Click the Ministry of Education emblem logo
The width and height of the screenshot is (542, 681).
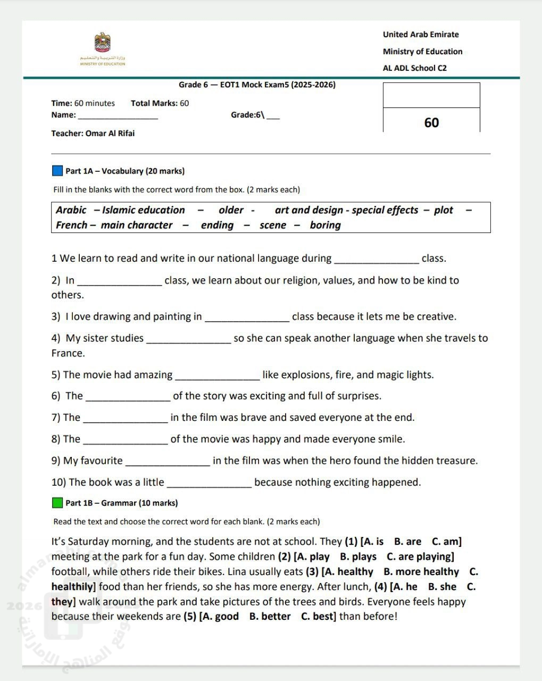(x=102, y=43)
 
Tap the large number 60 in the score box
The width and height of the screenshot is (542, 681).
(x=431, y=122)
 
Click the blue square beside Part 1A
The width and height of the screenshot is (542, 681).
(x=57, y=171)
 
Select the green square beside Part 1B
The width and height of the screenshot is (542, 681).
(x=57, y=503)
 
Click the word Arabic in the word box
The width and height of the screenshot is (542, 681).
(x=71, y=210)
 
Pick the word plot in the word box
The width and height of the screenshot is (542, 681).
(x=443, y=210)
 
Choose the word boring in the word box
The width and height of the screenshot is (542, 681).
(x=325, y=225)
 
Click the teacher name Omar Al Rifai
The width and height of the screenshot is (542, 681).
(x=110, y=134)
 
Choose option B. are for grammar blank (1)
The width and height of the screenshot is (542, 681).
(x=407, y=542)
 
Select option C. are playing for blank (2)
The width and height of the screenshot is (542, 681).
(x=420, y=557)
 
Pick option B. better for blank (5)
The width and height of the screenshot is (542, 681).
(x=270, y=617)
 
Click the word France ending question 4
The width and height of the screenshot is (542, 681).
(x=68, y=353)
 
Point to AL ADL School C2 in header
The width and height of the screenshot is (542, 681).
(x=415, y=68)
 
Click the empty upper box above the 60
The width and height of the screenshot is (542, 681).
(x=431, y=95)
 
